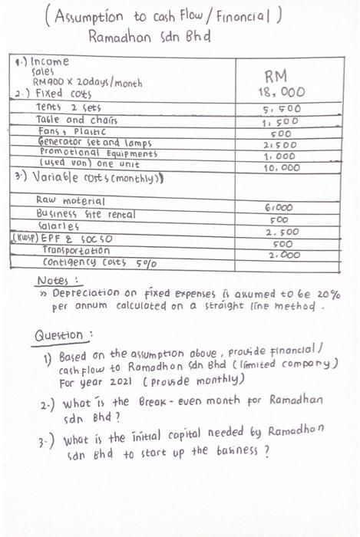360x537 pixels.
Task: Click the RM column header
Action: tap(275, 75)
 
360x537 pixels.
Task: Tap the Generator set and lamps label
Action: tap(94, 143)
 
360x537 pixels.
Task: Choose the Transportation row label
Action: tap(77, 250)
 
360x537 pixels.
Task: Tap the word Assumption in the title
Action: tap(97, 18)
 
